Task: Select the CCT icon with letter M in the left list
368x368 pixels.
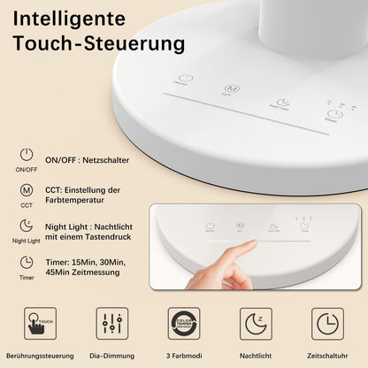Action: coord(27,190)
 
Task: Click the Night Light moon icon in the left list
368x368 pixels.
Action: coord(27,226)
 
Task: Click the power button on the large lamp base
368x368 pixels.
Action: coord(185,79)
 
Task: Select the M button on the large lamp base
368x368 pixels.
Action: coord(231,89)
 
